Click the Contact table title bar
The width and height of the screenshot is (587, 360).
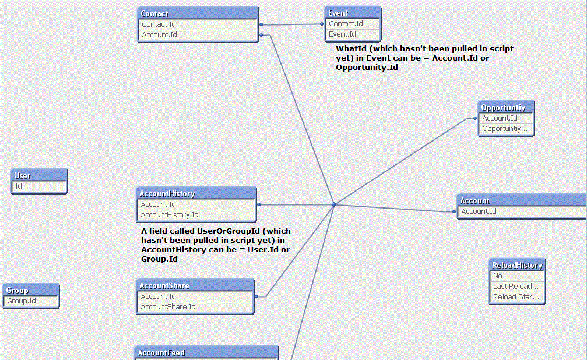click(x=198, y=13)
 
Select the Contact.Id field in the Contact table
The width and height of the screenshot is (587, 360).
click(x=159, y=24)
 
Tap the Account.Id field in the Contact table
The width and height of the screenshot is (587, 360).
click(x=160, y=35)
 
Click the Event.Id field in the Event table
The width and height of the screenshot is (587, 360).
click(x=343, y=34)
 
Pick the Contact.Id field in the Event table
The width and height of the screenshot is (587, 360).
click(x=346, y=23)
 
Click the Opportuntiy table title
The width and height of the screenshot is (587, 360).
click(x=504, y=108)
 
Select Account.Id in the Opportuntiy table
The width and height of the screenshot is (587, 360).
click(x=500, y=118)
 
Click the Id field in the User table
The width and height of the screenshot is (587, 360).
click(x=19, y=186)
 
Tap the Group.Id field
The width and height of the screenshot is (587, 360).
click(x=22, y=301)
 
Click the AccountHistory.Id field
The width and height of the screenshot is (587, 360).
click(x=170, y=215)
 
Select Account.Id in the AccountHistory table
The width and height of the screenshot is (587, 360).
click(x=159, y=204)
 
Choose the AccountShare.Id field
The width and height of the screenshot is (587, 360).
click(x=168, y=307)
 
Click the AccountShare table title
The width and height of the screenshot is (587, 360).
click(x=165, y=286)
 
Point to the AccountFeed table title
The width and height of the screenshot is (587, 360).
click(x=161, y=352)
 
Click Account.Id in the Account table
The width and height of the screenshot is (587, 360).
click(x=479, y=211)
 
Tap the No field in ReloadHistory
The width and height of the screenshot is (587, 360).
click(x=498, y=276)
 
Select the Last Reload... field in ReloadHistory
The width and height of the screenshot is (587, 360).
click(x=515, y=287)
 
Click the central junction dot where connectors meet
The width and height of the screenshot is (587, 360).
click(x=334, y=204)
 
